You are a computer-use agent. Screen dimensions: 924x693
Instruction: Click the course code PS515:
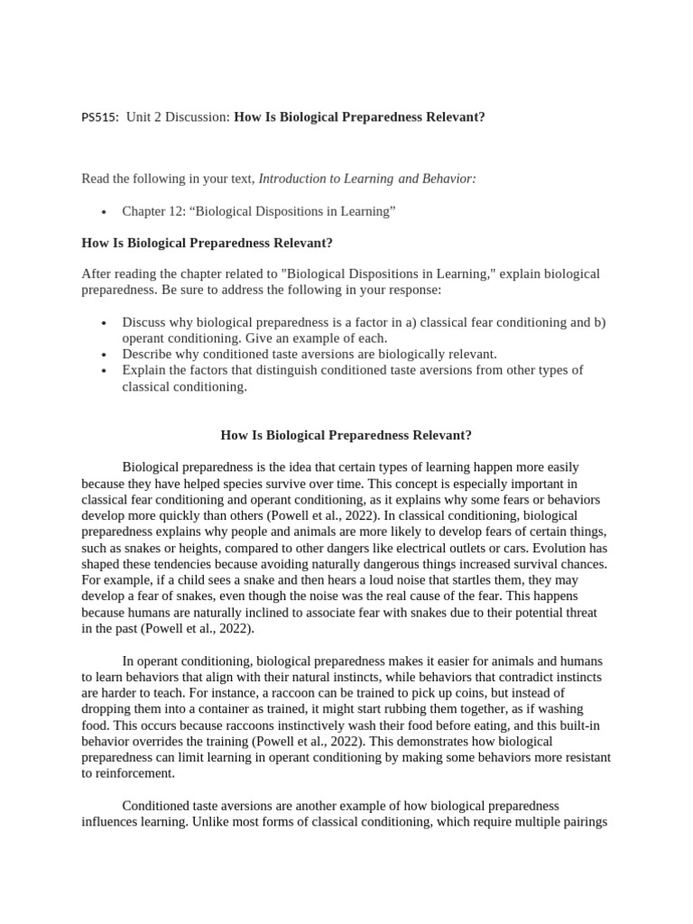[x=100, y=118]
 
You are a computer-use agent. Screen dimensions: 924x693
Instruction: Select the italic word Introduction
[x=292, y=179]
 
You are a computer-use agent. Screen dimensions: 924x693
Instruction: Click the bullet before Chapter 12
[x=105, y=212]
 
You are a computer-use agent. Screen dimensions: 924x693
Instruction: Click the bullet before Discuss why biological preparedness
[x=105, y=323]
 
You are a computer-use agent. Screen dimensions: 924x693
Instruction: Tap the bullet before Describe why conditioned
[x=105, y=355]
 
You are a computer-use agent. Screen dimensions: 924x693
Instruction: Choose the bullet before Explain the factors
[x=105, y=371]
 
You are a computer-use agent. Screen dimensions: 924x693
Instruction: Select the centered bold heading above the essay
[x=346, y=435]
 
